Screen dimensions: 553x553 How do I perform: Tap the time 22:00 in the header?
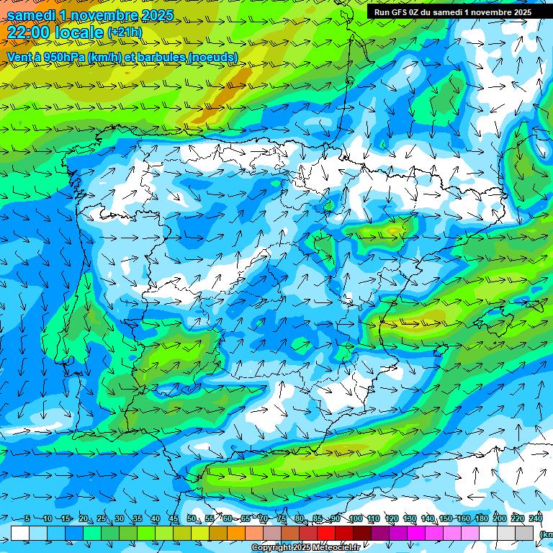[x=27, y=32]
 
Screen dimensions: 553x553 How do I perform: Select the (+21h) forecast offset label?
[x=125, y=32]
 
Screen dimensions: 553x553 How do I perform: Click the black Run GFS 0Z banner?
[x=452, y=12]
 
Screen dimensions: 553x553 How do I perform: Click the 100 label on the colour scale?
[x=355, y=519]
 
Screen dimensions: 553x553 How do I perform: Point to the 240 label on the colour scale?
[x=536, y=519]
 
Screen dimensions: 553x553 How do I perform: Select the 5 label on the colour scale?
[x=27, y=519]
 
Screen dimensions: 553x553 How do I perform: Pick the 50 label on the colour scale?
[x=192, y=519]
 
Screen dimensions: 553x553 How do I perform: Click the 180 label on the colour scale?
[x=481, y=519]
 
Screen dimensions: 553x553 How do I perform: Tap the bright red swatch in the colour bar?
[x=326, y=533]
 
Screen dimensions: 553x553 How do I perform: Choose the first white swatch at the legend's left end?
[x=20, y=533]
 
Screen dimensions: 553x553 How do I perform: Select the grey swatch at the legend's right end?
[x=524, y=533]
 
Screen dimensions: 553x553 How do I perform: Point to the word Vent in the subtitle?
[x=20, y=57]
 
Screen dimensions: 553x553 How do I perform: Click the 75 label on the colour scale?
[x=282, y=519]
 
